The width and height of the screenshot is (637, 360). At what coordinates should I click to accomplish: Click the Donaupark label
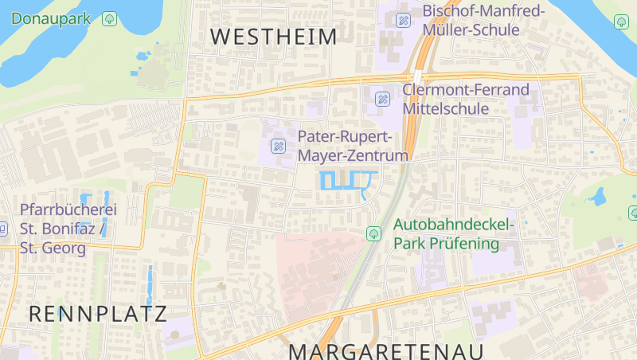click(x=51, y=18)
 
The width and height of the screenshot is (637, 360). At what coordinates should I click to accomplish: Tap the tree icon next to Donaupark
click(x=110, y=18)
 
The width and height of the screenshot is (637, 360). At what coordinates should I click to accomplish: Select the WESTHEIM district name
click(x=274, y=36)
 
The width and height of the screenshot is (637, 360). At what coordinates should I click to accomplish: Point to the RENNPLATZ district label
click(x=98, y=314)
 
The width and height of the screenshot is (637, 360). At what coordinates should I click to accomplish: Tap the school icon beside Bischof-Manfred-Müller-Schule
click(x=404, y=20)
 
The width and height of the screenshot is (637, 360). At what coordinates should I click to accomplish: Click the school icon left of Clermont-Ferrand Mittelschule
click(x=382, y=99)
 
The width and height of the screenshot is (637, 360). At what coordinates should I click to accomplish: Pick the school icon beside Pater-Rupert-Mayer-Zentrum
click(x=278, y=146)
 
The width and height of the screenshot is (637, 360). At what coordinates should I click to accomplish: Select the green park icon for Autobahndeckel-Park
click(x=373, y=233)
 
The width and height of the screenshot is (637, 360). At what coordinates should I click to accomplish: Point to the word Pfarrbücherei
click(x=68, y=210)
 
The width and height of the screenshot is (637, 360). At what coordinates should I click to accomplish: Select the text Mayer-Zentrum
click(x=353, y=155)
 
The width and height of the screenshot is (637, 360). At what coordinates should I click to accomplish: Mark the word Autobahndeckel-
click(x=454, y=225)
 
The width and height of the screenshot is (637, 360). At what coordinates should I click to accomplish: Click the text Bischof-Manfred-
click(x=483, y=11)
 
